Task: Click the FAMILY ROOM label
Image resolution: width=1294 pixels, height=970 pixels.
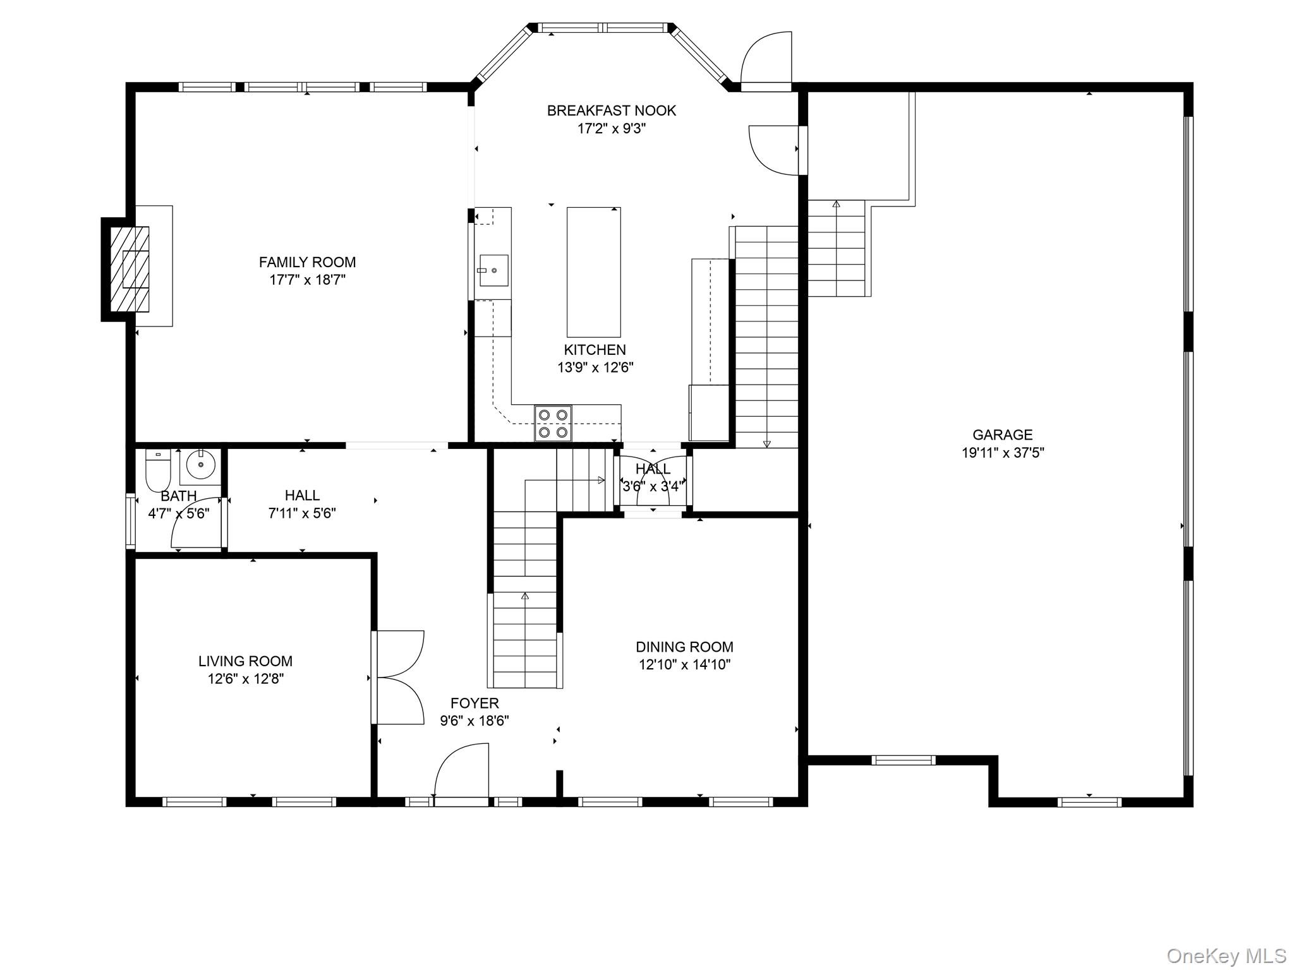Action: (307, 262)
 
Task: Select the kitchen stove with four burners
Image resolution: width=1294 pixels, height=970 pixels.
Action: (553, 423)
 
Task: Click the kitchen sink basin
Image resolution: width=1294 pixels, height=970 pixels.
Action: (493, 270)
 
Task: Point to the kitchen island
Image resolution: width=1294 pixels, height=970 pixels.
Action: (593, 272)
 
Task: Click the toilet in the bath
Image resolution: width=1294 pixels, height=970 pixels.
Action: (158, 470)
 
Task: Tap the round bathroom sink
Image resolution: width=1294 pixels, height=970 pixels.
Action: (201, 466)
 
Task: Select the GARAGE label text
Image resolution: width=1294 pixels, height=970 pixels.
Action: (1002, 434)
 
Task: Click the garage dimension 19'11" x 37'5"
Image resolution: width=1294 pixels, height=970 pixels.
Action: (1002, 453)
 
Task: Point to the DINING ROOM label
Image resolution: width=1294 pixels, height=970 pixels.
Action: (684, 647)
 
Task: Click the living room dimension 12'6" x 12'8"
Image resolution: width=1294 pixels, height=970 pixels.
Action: (245, 679)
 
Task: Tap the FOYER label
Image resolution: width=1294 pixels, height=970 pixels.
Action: (475, 703)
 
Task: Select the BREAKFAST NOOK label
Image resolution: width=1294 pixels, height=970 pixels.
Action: (611, 111)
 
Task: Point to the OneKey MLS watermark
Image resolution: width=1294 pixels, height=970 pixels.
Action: (1226, 955)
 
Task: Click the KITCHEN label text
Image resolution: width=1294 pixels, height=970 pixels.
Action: (595, 350)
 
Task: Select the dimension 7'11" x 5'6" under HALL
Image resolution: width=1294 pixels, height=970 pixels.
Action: (302, 513)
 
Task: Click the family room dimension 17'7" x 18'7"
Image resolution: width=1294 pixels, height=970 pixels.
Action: (307, 280)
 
